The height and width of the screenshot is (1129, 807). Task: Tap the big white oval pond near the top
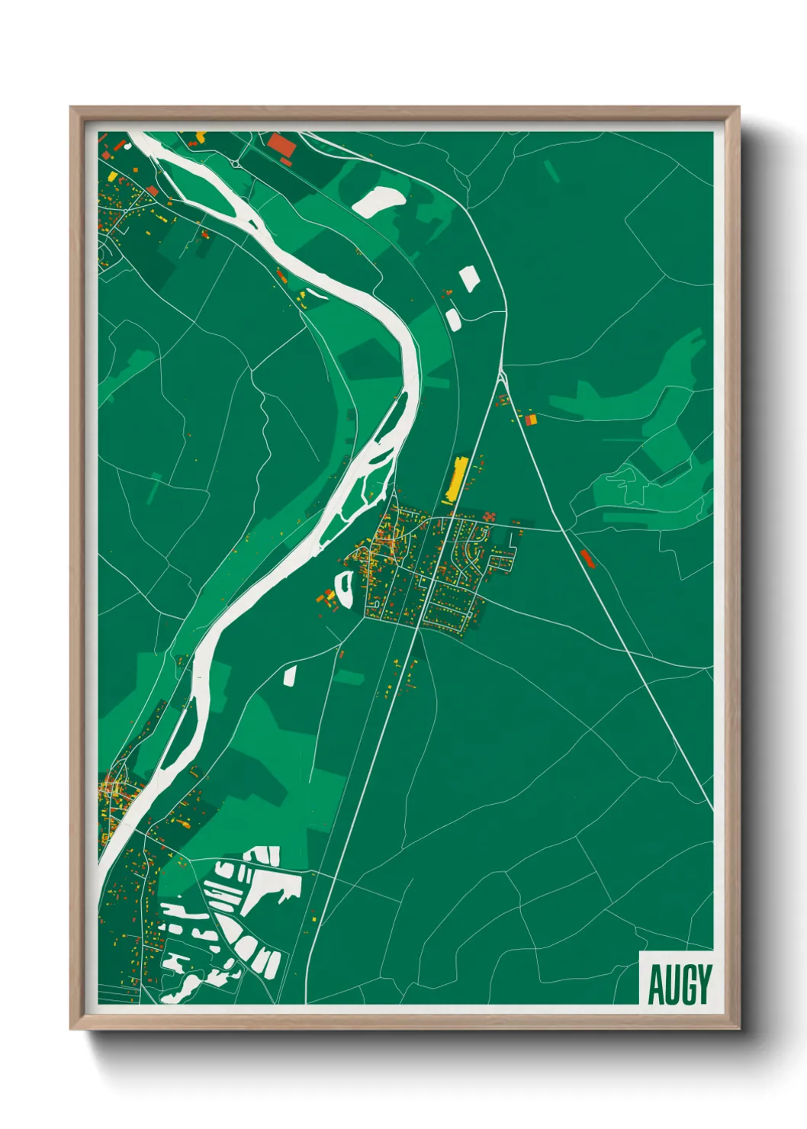379,201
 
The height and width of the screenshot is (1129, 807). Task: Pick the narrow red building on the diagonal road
586,557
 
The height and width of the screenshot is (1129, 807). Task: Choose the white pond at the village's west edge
344,587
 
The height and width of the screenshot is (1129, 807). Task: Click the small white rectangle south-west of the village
290,675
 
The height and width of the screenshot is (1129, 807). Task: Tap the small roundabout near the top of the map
236,163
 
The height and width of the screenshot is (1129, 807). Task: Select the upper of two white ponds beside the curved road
468,278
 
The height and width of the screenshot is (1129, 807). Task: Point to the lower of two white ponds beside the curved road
453,318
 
